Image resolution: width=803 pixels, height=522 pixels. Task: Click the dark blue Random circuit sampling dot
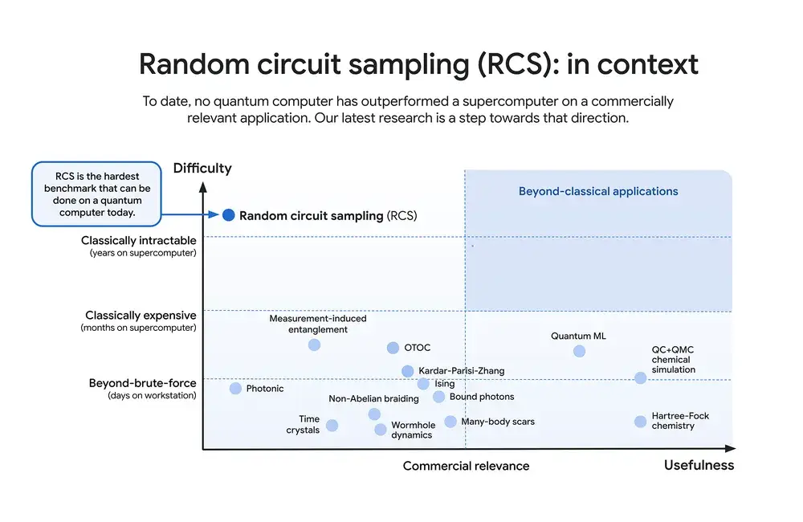point(229,215)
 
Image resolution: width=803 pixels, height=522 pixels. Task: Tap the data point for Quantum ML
point(580,351)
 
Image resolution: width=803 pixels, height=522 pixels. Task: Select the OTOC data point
point(393,348)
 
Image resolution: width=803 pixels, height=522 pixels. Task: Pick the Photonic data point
point(235,389)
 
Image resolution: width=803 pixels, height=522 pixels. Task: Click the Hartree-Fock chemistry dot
point(640,422)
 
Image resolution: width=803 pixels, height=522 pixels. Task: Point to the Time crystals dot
point(332,426)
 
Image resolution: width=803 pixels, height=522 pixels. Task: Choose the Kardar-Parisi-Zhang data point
point(408,371)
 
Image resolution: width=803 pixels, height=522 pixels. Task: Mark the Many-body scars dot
point(450,422)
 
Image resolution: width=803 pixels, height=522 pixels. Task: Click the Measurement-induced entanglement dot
point(314,345)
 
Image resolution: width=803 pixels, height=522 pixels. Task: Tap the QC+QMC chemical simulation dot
point(640,377)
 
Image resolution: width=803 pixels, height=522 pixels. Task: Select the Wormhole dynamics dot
point(381,430)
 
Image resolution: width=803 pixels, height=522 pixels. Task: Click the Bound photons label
point(482,397)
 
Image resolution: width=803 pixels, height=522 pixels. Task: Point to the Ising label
point(445,384)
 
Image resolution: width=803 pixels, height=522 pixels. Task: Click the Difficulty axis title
point(202,169)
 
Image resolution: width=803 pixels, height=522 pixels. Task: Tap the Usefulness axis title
point(699,466)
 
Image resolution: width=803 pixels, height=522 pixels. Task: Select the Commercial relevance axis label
point(466,467)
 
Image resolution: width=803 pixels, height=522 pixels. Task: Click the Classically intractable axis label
point(138,241)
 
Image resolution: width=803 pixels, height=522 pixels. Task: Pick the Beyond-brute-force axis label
point(142,384)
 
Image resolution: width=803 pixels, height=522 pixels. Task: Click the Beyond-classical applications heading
point(598,192)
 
